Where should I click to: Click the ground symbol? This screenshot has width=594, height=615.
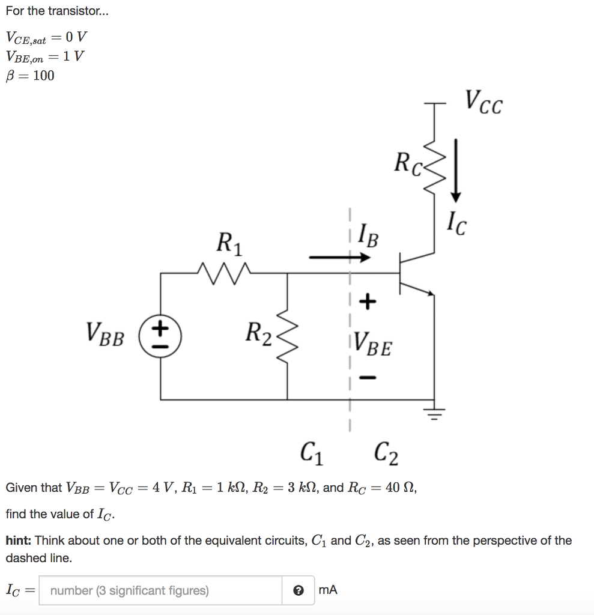coord(434,413)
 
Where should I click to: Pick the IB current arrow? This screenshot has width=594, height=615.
coord(339,258)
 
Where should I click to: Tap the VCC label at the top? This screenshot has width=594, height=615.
coord(483,103)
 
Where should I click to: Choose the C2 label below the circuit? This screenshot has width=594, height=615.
coord(385,453)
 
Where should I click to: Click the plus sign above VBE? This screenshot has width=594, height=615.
coord(368,300)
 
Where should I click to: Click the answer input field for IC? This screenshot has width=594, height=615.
coord(160,590)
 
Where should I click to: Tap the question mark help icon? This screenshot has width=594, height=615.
coord(298,590)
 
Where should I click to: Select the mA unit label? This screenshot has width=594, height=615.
coord(329,590)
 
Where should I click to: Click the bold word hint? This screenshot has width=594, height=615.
coord(19,541)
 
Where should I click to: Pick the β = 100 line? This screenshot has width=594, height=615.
coord(30,76)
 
